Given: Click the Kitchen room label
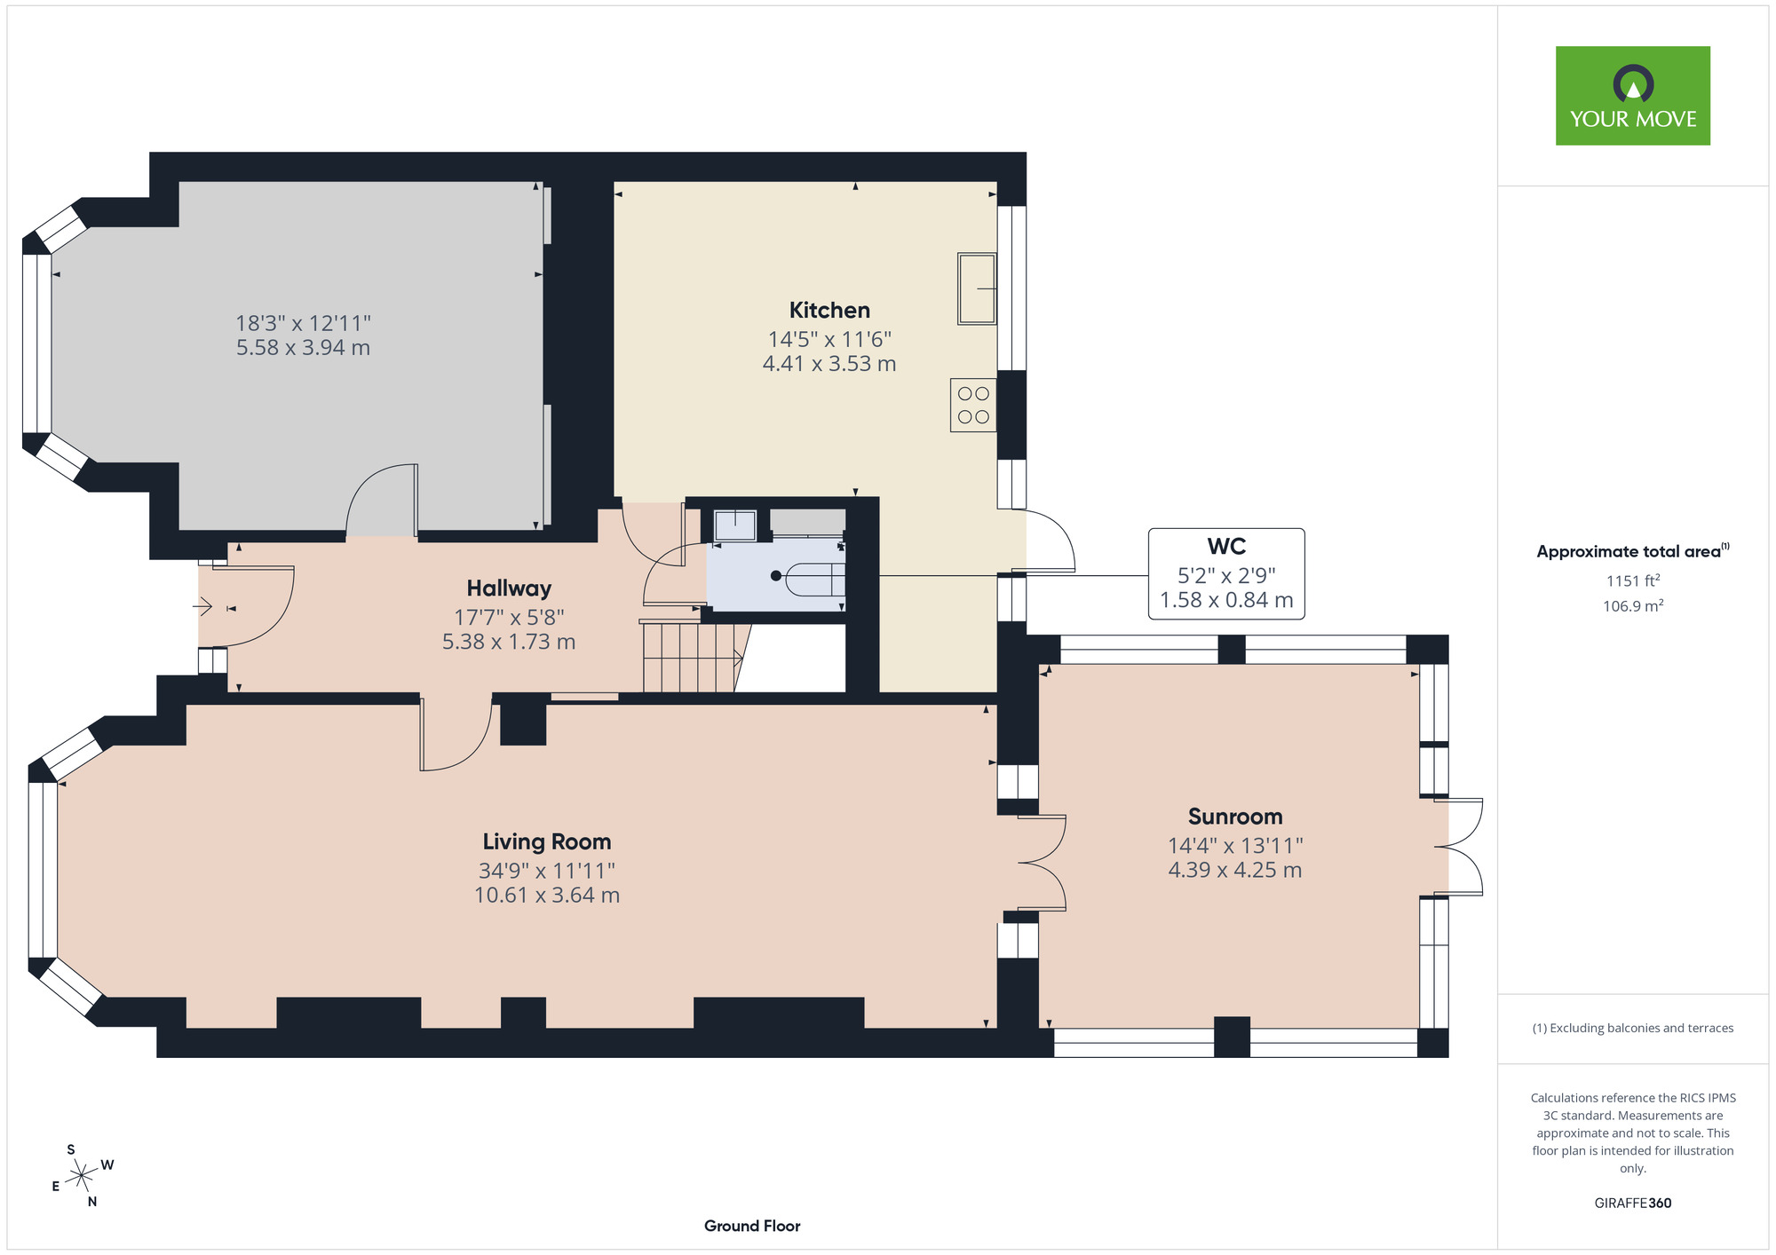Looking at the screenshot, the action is (829, 311).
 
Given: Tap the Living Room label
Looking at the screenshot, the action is (547, 842).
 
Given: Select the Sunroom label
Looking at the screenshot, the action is (1235, 817).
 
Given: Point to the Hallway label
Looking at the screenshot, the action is (509, 588).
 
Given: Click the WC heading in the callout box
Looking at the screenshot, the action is (1226, 547).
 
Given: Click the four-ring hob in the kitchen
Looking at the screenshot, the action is (973, 406).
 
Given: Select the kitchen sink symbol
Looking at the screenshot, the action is (977, 288).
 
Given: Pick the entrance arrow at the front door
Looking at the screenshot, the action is (202, 607).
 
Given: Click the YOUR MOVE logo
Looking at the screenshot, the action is (1633, 96).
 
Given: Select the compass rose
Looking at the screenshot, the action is (82, 1176).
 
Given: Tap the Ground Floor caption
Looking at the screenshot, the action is (752, 1226).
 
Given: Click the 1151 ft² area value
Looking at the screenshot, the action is (1633, 580).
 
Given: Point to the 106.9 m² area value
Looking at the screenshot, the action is (1633, 606).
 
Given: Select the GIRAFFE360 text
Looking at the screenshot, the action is (1633, 1204).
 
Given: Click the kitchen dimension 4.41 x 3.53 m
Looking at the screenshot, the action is (829, 364).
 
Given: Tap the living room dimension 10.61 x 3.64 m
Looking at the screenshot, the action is (547, 896).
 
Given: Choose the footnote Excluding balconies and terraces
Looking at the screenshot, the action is (1633, 1029).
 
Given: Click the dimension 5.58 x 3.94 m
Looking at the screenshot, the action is (303, 348).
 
